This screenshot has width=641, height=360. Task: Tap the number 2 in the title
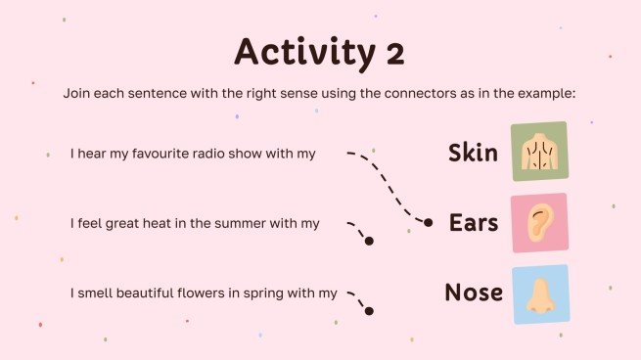tap(393, 52)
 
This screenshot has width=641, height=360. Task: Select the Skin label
tap(473, 153)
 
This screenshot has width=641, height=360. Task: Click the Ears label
tap(473, 223)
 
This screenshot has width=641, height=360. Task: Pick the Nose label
tap(473, 292)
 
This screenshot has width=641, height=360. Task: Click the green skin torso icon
tap(538, 152)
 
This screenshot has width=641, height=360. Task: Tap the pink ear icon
tap(538, 223)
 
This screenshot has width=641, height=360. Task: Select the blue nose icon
tap(538, 293)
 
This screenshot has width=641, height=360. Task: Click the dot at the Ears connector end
tap(428, 223)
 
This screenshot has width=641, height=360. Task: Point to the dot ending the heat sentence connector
tap(369, 241)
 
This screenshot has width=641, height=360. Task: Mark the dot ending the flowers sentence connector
tap(369, 311)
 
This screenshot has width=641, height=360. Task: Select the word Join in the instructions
tap(77, 93)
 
